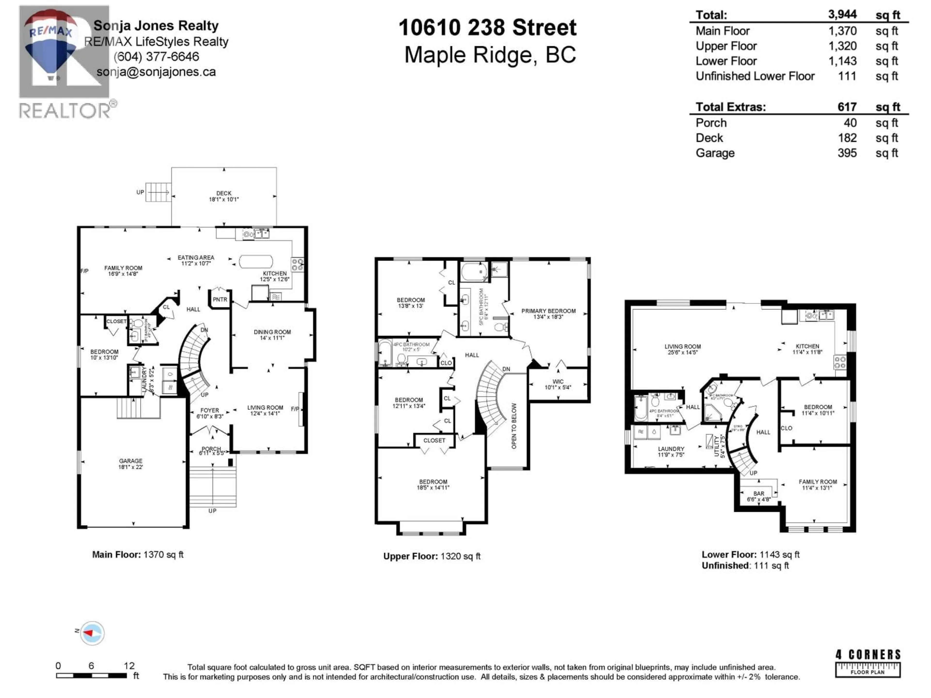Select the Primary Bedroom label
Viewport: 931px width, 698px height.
tap(548, 311)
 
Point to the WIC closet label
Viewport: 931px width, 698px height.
tap(558, 382)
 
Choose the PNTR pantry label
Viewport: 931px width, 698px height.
tap(220, 300)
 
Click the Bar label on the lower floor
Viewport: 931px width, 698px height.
tap(759, 493)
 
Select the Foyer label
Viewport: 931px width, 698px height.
tap(210, 410)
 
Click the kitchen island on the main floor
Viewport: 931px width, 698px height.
tap(256, 261)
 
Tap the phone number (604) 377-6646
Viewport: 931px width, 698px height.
tap(156, 56)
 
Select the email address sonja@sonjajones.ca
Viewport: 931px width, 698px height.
tap(156, 72)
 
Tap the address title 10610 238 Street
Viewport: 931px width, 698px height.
tap(487, 28)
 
